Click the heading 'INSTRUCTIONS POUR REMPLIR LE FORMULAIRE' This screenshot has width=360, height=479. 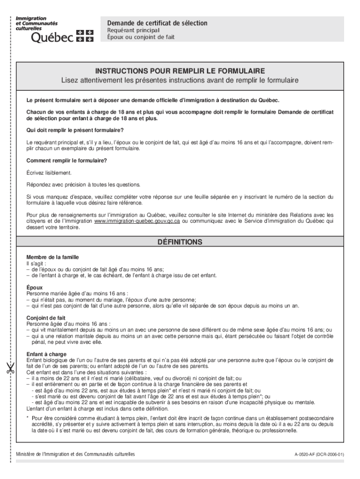tap(180, 71)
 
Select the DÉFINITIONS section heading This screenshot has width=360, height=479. tap(180, 242)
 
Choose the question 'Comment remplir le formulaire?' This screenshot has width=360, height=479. tap(66, 160)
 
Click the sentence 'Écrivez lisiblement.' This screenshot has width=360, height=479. tap(49, 173)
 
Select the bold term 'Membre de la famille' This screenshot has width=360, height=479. tap(52, 257)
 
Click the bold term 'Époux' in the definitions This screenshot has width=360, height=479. tap(35, 288)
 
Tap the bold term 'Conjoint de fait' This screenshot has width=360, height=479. tap(46, 318)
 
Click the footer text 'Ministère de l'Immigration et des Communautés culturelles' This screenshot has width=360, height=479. tap(75, 454)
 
